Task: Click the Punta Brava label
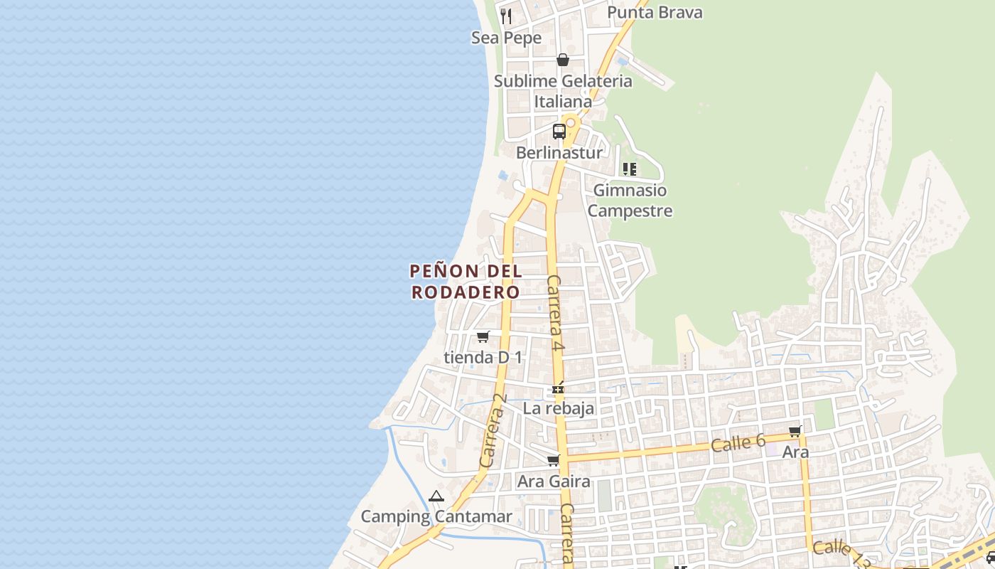pos(655,12)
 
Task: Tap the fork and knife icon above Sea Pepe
pos(506,16)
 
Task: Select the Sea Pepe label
pos(506,38)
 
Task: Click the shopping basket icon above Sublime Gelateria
pos(563,60)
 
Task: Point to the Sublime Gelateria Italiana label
pos(563,91)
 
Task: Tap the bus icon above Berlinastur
pos(559,132)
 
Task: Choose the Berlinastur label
pos(559,153)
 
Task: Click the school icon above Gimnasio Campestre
pos(629,169)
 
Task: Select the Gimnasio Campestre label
pos(630,201)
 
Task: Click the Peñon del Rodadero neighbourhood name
pos(466,281)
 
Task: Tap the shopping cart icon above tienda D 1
pos(483,336)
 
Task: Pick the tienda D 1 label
pos(483,357)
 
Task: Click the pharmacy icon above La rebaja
pos(559,389)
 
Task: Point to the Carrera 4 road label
pos(556,313)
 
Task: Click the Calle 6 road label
pos(738,444)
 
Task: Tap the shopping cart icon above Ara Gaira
pos(553,461)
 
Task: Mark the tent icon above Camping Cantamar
pos(436,496)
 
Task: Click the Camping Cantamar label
pos(436,516)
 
